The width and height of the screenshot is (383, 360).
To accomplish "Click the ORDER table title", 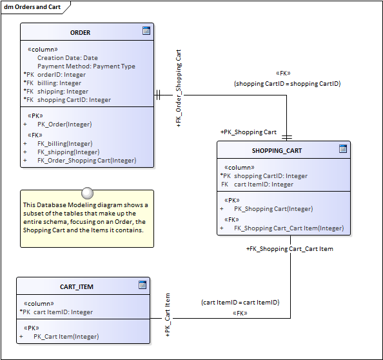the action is pyautogui.click(x=80, y=32).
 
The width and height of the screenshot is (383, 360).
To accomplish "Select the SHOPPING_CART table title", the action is pyautogui.click(x=277, y=150).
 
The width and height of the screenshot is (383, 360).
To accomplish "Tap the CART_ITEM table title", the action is pyautogui.click(x=77, y=286).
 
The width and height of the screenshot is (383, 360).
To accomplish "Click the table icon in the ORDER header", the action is pyautogui.click(x=146, y=31).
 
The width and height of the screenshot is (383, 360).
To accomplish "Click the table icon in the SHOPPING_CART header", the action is pyautogui.click(x=342, y=148).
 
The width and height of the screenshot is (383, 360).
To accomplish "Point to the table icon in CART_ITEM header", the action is pyautogui.click(x=142, y=285).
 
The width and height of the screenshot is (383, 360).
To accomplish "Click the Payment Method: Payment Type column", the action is pyautogui.click(x=86, y=66).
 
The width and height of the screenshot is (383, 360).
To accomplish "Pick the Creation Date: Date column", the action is pyautogui.click(x=68, y=58).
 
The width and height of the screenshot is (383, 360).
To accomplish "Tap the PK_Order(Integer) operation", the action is pyautogui.click(x=64, y=125).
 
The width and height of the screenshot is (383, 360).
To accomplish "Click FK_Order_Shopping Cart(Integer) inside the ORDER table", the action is pyautogui.click(x=86, y=161).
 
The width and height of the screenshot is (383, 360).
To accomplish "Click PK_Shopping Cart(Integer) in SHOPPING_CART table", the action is pyautogui.click(x=273, y=209).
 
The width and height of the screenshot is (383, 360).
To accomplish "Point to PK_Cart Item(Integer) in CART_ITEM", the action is pyautogui.click(x=66, y=337).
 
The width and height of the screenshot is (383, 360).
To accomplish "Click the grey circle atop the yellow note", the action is pyautogui.click(x=87, y=194).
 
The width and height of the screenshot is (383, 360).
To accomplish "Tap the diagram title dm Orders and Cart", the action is pyautogui.click(x=32, y=7).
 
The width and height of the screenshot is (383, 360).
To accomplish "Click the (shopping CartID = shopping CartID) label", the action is pyautogui.click(x=288, y=84).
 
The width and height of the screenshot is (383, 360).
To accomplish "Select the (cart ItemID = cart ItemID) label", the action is pyautogui.click(x=240, y=303).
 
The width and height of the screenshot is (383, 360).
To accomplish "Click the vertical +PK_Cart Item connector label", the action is pyautogui.click(x=168, y=315).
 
